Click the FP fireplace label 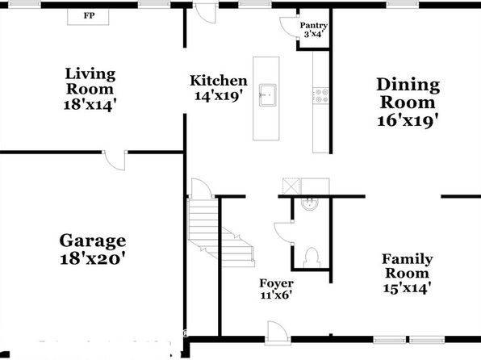pyautogui.click(x=90, y=15)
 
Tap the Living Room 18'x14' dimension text pyautogui.click(x=90, y=105)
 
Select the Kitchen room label pyautogui.click(x=219, y=81)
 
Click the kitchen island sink pyautogui.click(x=267, y=95)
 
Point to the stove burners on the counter pyautogui.click(x=321, y=95)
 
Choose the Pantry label pyautogui.click(x=313, y=26)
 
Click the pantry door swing pyautogui.click(x=289, y=27)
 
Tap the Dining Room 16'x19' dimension pyautogui.click(x=408, y=120)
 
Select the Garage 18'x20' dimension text pyautogui.click(x=93, y=259)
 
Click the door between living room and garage pyautogui.click(x=115, y=160)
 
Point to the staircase pyautogui.click(x=221, y=232)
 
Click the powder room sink pyautogui.click(x=310, y=204)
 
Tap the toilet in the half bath pyautogui.click(x=312, y=257)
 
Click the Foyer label pyautogui.click(x=276, y=283)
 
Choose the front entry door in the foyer pyautogui.click(x=277, y=333)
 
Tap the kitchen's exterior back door pyautogui.click(x=206, y=13)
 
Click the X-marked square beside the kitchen pyautogui.click(x=291, y=186)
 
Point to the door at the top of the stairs pyautogui.click(x=201, y=188)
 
